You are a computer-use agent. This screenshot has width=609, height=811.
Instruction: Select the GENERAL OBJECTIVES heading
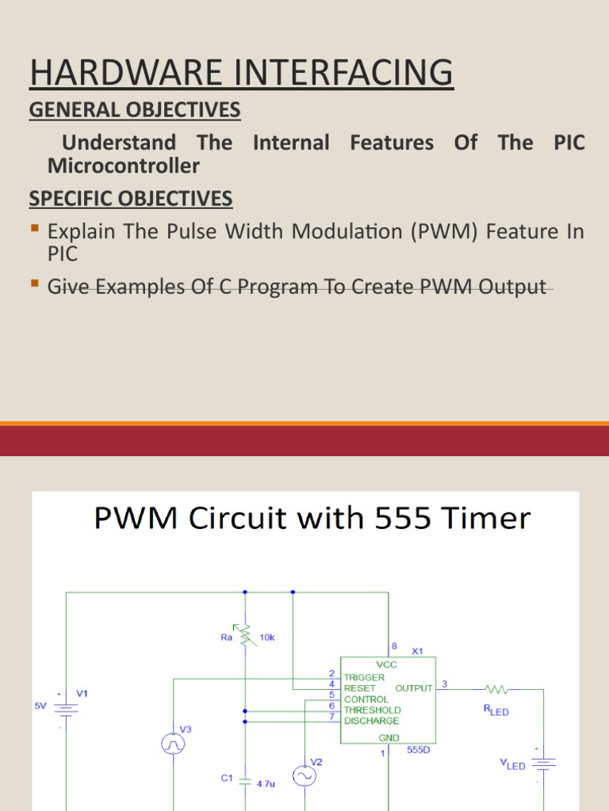pos(135,110)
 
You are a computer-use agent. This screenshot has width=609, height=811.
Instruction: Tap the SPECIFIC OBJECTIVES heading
pos(131,198)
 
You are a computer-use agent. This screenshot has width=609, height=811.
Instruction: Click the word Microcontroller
pos(124,166)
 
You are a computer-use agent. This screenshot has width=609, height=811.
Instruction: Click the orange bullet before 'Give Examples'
pos(34,284)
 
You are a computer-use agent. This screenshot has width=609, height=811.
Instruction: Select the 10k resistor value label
pos(267,636)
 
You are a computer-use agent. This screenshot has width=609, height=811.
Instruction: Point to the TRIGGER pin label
pos(364,677)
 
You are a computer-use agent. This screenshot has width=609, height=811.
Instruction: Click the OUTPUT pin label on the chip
pos(413,688)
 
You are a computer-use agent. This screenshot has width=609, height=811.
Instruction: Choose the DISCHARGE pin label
pos(371,721)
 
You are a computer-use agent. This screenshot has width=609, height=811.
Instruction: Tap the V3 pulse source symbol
pos(173,743)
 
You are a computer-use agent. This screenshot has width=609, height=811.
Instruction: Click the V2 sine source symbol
pos(304,776)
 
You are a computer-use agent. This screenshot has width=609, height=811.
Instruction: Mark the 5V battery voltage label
pos(40,704)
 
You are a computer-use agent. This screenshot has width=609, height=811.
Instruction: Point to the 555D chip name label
pos(418,749)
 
